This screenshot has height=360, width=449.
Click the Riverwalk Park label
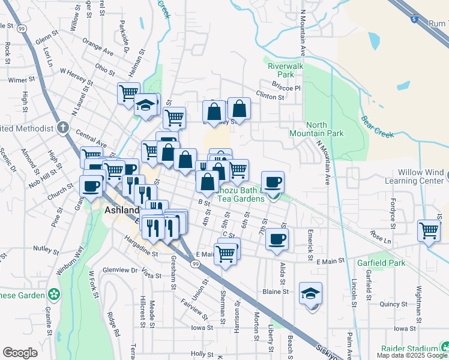pyautogui.click(x=281, y=70)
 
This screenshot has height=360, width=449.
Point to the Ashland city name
pyautogui.click(x=122, y=211)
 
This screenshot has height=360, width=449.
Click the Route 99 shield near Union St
pyautogui.click(x=196, y=263)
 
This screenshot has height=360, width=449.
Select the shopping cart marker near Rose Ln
pyautogui.click(x=429, y=230)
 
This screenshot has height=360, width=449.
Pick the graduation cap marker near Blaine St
pyautogui.click(x=310, y=293)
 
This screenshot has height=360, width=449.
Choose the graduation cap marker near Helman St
pyautogui.click(x=145, y=104)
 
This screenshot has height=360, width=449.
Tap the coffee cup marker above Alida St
pyautogui.click(x=277, y=239)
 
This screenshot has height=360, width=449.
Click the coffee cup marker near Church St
pyautogui.click(x=91, y=186)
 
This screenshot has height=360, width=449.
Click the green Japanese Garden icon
pyautogui.click(x=54, y=295)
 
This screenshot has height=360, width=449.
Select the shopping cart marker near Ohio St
pyautogui.click(x=129, y=93)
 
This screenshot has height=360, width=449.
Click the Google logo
pyautogui.click(x=20, y=353)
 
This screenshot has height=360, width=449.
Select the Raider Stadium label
pyautogui.click(x=409, y=349)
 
